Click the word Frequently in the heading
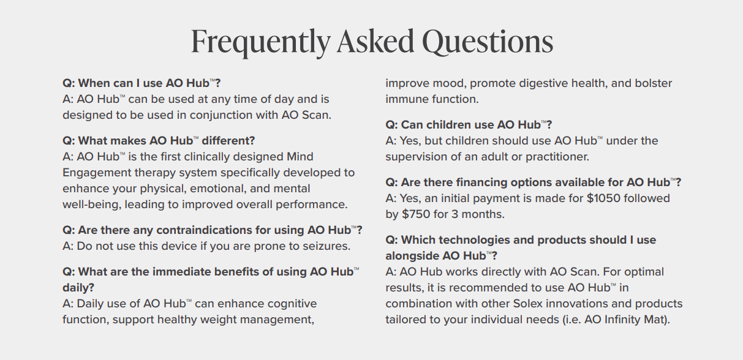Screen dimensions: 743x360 pyautogui.click(x=261, y=42)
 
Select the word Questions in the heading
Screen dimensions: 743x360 pyautogui.click(x=488, y=42)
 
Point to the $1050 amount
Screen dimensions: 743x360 pyautogui.click(x=603, y=198)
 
